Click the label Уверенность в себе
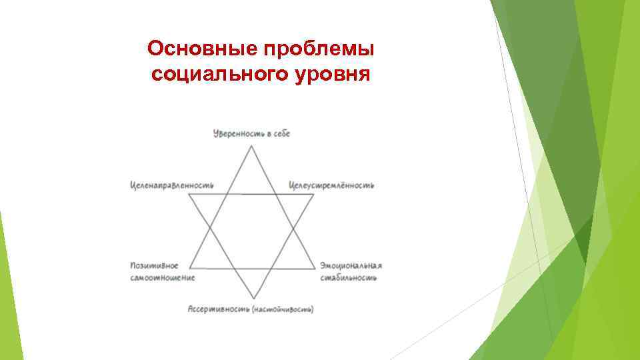pyautogui.click(x=251, y=134)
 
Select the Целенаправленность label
pyautogui.click(x=171, y=185)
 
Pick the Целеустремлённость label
pyautogui.click(x=331, y=185)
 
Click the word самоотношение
pyautogui.click(x=162, y=277)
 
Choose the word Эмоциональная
pyautogui.click(x=351, y=265)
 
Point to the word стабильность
pyautogui.click(x=347, y=277)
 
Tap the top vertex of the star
pyautogui.click(x=252, y=145)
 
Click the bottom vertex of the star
pyautogui.click(x=252, y=299)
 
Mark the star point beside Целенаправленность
pyautogui.click(x=189, y=195)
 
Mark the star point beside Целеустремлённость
pyautogui.click(x=314, y=195)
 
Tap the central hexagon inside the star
pyautogui.click(x=252, y=231)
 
